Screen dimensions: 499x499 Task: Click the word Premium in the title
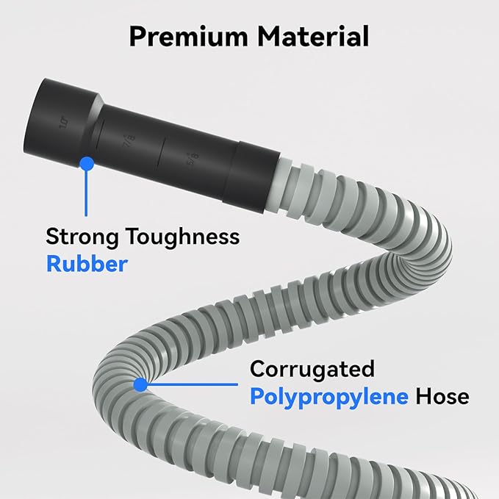tap(190, 36)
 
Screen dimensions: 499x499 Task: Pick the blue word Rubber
tap(86, 264)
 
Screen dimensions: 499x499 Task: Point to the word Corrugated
tap(312, 368)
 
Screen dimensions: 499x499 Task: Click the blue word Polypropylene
tap(329, 397)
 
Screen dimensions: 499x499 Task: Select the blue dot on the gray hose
tap(140, 383)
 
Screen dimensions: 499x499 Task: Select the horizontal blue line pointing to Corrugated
tap(191, 383)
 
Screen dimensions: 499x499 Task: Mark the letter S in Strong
tap(53, 237)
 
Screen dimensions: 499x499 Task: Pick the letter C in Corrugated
tap(258, 368)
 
